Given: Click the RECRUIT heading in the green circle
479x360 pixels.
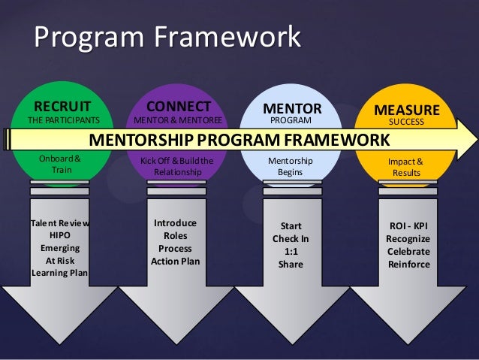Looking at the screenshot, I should click(x=62, y=106).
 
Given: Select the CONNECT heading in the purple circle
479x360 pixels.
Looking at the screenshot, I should click(x=178, y=105).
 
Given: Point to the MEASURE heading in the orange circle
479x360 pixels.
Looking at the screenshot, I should click(x=406, y=110).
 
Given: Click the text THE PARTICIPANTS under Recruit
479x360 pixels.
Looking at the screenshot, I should click(x=62, y=120).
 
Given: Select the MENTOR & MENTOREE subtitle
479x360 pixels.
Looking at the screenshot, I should click(x=178, y=120).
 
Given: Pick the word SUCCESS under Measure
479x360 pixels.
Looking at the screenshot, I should click(x=406, y=121).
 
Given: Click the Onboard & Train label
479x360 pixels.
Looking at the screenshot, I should click(x=60, y=165).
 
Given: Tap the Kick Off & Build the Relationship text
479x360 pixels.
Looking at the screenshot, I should click(x=178, y=166).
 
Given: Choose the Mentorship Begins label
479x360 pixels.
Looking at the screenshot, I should click(x=290, y=166).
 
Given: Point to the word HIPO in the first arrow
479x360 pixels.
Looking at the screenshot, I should click(x=60, y=235).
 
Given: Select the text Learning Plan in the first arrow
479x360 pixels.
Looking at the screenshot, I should click(x=60, y=272).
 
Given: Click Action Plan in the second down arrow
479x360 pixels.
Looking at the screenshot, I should click(x=175, y=262).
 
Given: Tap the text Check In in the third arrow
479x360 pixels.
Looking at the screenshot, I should click(x=291, y=239).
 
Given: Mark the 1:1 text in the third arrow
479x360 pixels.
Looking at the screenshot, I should click(x=291, y=252).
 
